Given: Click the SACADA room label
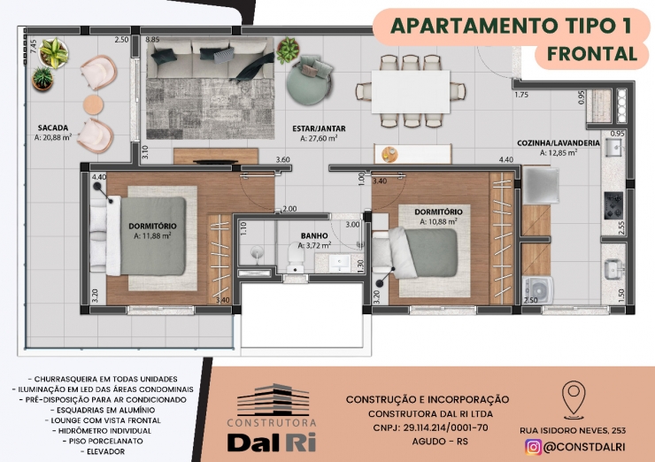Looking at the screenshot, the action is tap(52, 127).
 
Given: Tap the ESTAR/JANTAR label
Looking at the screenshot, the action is tap(319, 128).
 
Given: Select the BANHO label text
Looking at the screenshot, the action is tap(314, 236).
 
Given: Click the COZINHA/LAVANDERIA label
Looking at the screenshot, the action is tap(559, 142).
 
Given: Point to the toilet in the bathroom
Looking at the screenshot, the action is tap(296, 258).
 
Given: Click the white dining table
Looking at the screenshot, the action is tap(411, 91).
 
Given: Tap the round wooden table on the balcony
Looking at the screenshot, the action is tap(93, 104).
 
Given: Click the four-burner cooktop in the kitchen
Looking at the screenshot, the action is tap(613, 205).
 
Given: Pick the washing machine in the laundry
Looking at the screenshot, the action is tap(536, 289).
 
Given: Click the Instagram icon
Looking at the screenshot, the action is tap(534, 447).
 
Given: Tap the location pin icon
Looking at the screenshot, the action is tap(574, 399).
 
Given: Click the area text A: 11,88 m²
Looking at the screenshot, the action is tap(152, 235).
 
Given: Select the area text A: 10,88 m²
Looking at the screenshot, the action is tap(438, 221).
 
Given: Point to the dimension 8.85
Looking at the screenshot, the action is tap(152, 40).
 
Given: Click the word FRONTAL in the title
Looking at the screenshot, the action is tap(592, 54).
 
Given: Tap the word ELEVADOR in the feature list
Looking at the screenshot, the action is tap(105, 451).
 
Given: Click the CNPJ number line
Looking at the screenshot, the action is tap(430, 427).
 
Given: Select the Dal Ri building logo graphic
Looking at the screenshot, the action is tap(274, 400).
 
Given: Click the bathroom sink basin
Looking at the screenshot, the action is tap(340, 263).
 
